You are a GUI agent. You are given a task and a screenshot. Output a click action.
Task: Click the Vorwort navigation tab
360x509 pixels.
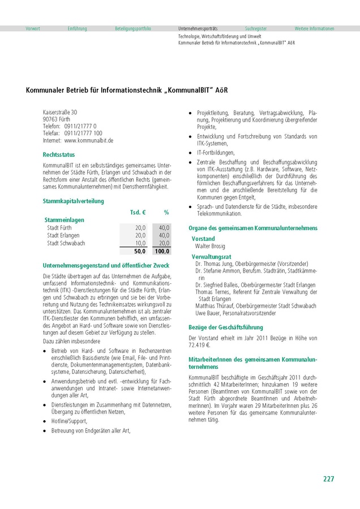point(33,28)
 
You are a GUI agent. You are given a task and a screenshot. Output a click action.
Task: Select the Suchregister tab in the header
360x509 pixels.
point(256,28)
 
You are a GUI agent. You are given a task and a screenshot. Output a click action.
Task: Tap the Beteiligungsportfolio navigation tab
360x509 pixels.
point(133,28)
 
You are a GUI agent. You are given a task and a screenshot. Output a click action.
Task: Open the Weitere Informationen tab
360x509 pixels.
point(314,28)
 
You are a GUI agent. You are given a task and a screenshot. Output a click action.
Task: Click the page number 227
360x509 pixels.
point(328,479)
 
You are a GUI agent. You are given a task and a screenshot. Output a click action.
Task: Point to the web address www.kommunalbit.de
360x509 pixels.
point(89,140)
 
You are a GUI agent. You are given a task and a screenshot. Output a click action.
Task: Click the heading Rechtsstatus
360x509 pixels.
point(58,154)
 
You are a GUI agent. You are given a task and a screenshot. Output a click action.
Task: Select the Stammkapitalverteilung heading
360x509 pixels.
point(73,201)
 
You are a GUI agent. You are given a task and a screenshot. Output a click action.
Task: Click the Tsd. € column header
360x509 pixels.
point(138,212)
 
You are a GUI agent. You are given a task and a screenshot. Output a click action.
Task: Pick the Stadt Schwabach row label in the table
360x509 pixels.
point(66,243)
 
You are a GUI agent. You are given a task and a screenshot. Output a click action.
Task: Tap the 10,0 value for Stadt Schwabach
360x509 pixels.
point(140,243)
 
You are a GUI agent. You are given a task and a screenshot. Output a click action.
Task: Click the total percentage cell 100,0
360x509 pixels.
point(162,251)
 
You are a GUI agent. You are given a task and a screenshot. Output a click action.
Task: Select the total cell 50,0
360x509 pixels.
point(140,251)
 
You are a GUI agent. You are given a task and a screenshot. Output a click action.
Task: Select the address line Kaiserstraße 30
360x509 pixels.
point(60,112)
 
